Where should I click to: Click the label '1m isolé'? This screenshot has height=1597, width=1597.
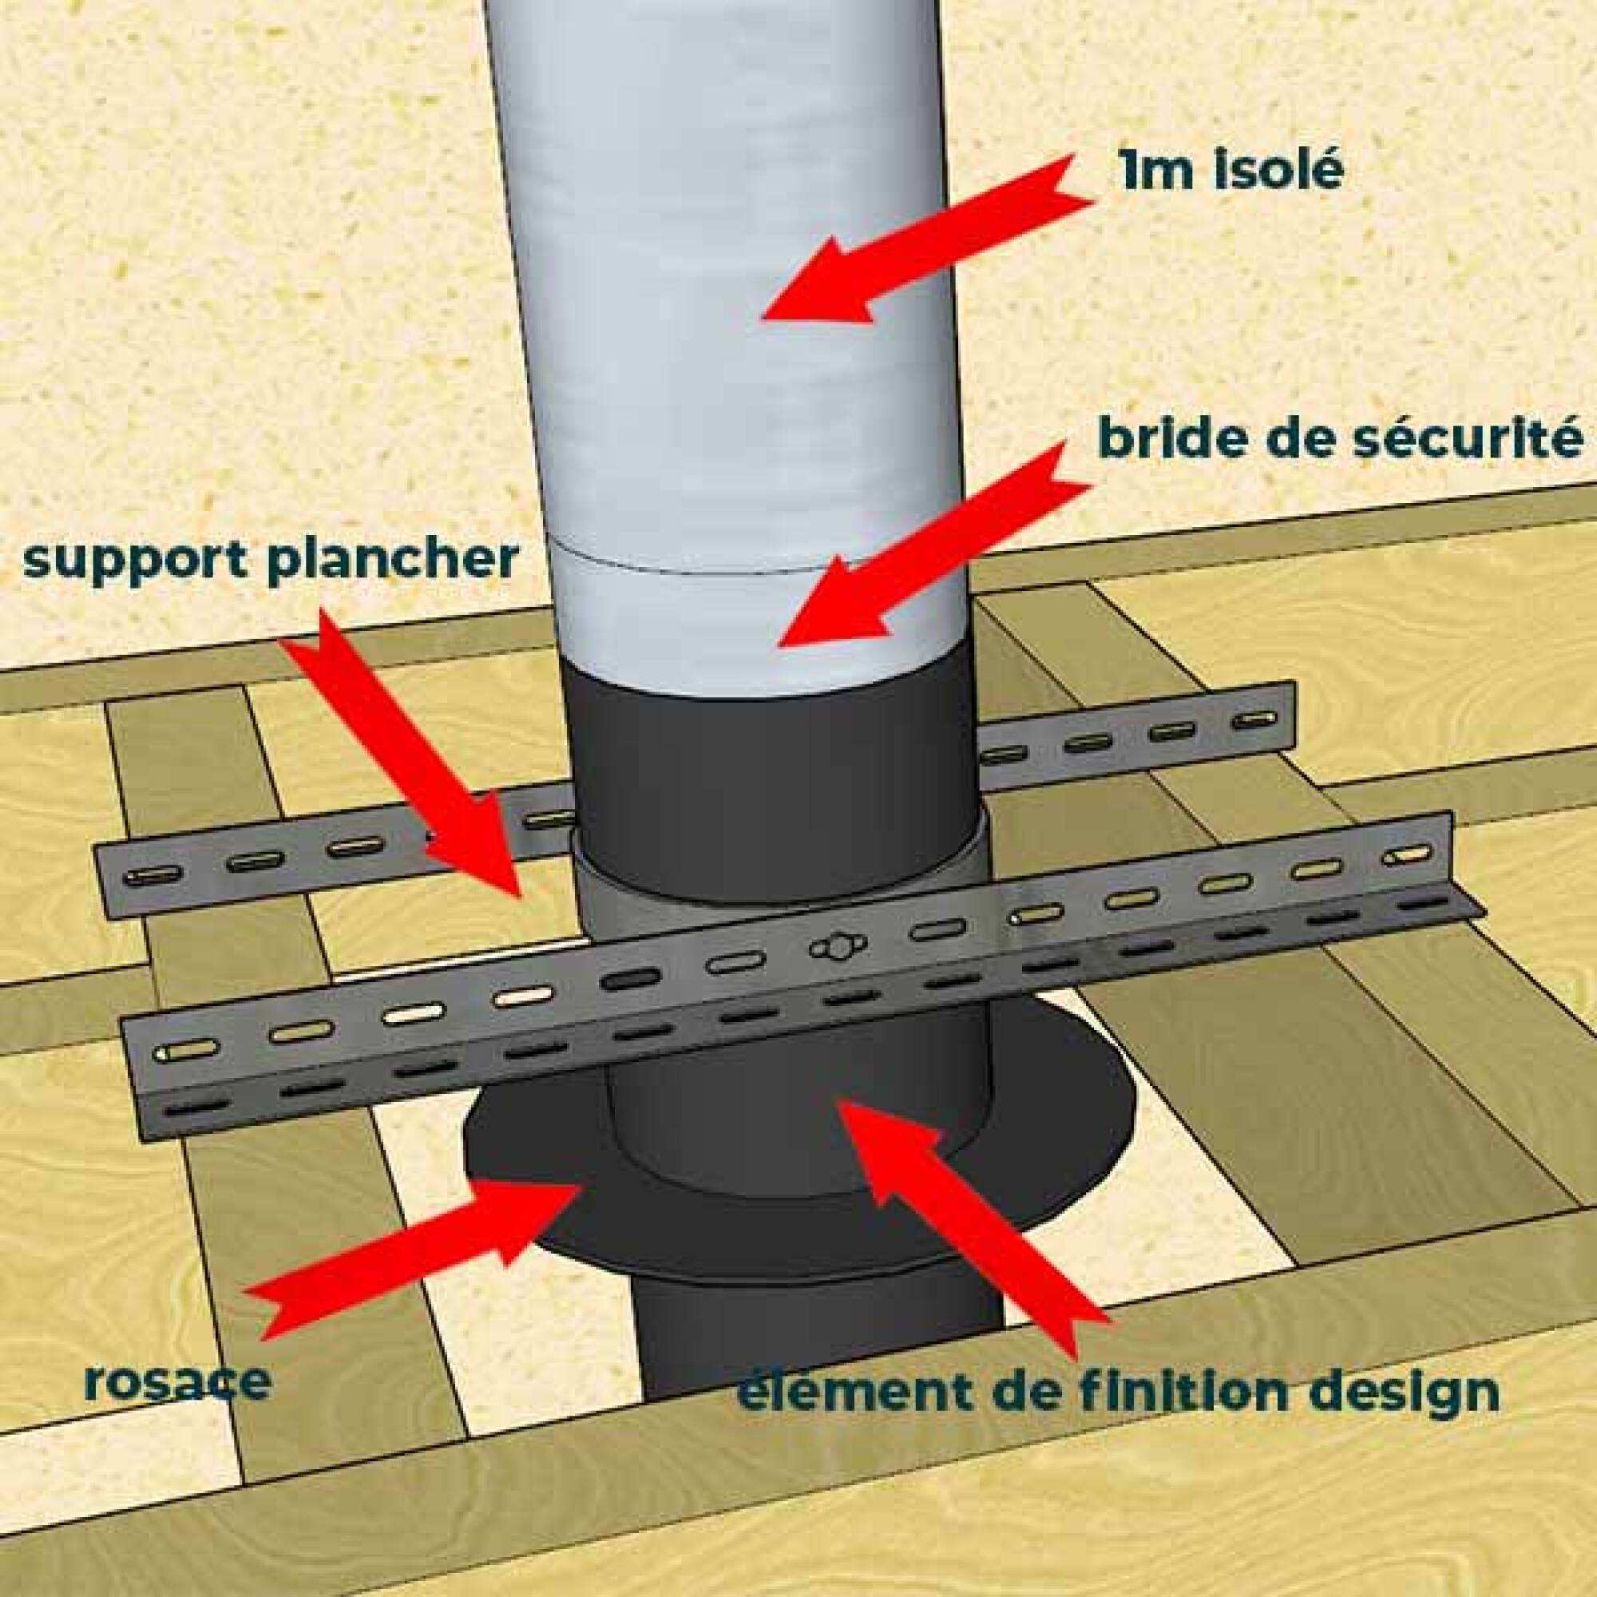point(1229,172)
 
